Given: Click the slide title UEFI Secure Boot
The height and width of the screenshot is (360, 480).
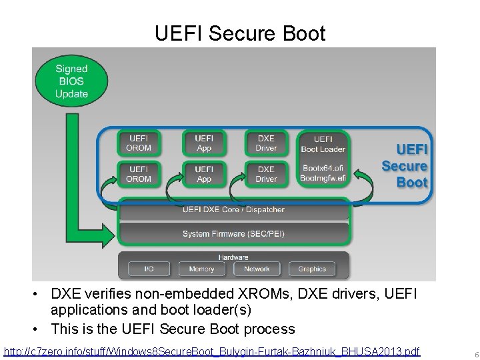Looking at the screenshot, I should (240, 33).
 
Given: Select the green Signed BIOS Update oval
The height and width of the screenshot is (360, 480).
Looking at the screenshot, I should (71, 81).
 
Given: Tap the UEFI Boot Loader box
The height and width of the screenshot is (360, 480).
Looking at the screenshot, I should (323, 143).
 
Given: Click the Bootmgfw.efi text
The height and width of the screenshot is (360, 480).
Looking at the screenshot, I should (323, 179).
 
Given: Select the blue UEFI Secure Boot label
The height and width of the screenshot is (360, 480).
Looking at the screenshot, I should (405, 166).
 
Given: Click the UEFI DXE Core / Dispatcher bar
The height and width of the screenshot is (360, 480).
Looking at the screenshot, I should (233, 209).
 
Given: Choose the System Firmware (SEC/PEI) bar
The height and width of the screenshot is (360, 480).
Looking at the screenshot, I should (233, 233).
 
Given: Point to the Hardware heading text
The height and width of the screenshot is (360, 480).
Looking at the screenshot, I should (233, 257).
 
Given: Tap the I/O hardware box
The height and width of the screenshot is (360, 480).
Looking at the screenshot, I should (149, 269).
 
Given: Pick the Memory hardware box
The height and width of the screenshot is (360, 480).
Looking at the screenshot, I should (201, 269).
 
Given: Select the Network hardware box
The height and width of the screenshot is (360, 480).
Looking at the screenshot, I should (257, 269).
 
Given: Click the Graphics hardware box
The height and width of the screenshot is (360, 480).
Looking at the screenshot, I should (312, 269).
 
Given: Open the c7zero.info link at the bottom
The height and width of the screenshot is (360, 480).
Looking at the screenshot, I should (212, 351).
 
